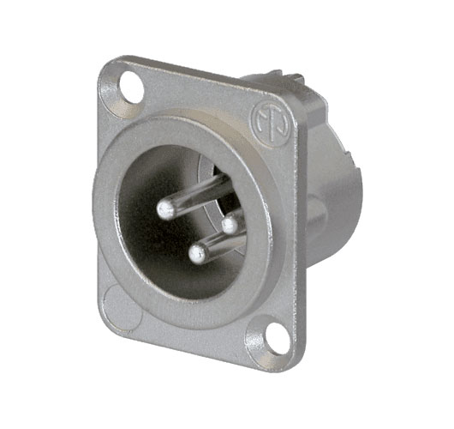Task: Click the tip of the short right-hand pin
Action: point(229,224)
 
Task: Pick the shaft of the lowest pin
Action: point(224,246)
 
